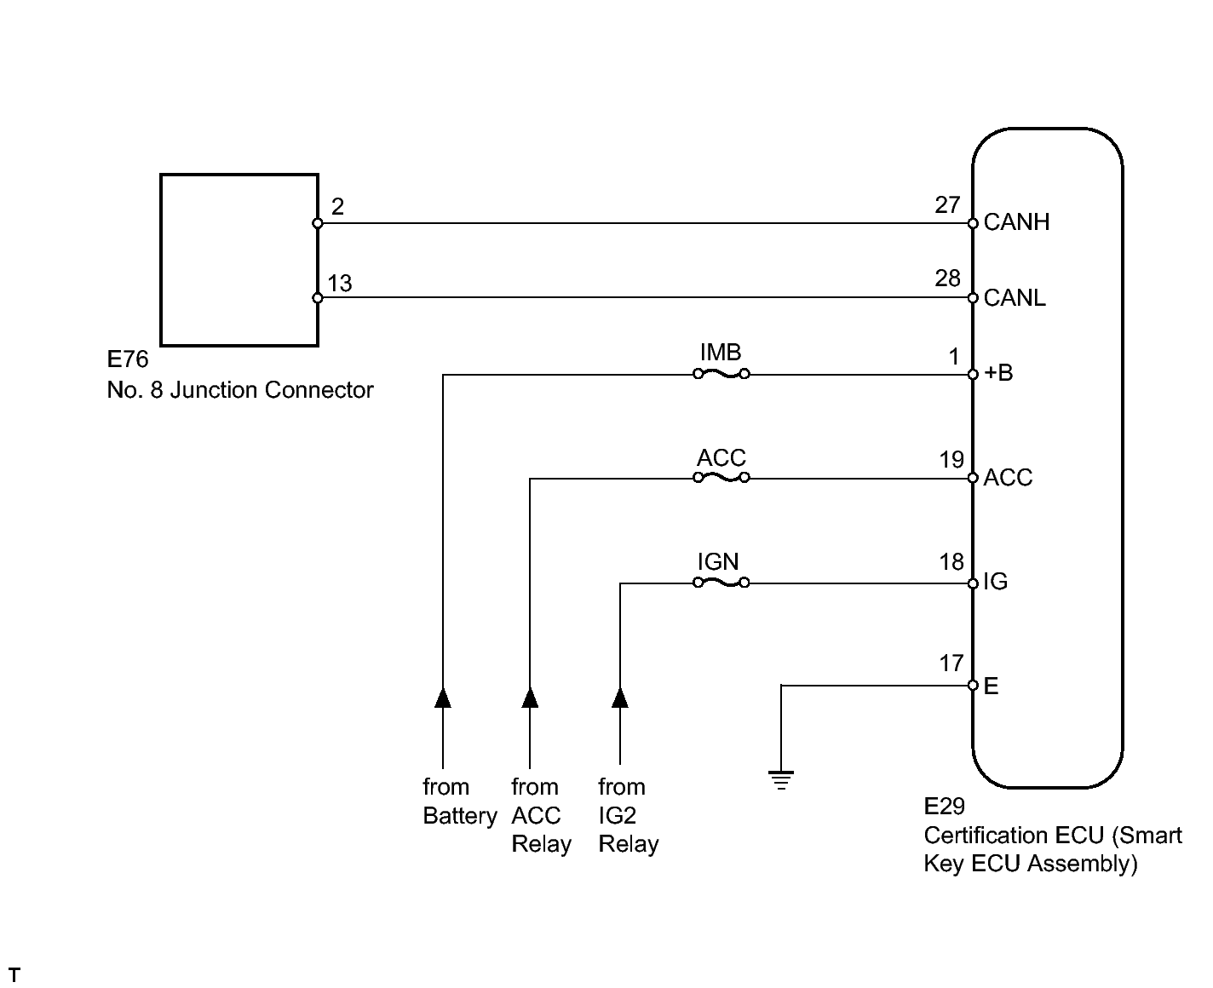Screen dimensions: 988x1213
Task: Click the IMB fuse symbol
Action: [x=721, y=374]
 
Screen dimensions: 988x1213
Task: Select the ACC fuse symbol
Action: [x=721, y=479]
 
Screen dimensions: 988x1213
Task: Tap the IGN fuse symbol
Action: [x=721, y=583]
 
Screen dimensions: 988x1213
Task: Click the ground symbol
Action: [x=780, y=779]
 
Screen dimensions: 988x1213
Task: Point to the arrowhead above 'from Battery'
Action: [x=443, y=698]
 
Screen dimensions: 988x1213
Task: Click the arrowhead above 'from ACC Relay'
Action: [x=530, y=698]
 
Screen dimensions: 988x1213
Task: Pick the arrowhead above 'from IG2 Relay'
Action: [x=620, y=698]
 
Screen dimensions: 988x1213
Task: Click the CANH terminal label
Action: [x=1016, y=223]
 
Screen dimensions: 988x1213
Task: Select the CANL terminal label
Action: [x=1015, y=298]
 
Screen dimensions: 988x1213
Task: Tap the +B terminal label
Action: [x=998, y=373]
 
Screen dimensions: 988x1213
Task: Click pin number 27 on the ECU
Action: [x=947, y=205]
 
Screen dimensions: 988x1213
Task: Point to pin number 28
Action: [x=947, y=279]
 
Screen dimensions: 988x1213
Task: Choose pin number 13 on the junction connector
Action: [x=339, y=284]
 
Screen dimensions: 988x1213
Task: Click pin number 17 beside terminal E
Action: [x=951, y=663]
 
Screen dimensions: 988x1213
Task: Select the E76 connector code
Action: [x=128, y=359]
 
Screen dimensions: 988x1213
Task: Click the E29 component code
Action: [x=944, y=806]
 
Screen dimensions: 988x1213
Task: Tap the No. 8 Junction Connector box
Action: [x=239, y=261]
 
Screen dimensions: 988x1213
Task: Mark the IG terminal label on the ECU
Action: [x=995, y=583]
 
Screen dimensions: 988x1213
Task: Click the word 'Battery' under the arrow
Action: [x=460, y=816]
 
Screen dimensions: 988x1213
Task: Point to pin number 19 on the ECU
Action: [x=951, y=460]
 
